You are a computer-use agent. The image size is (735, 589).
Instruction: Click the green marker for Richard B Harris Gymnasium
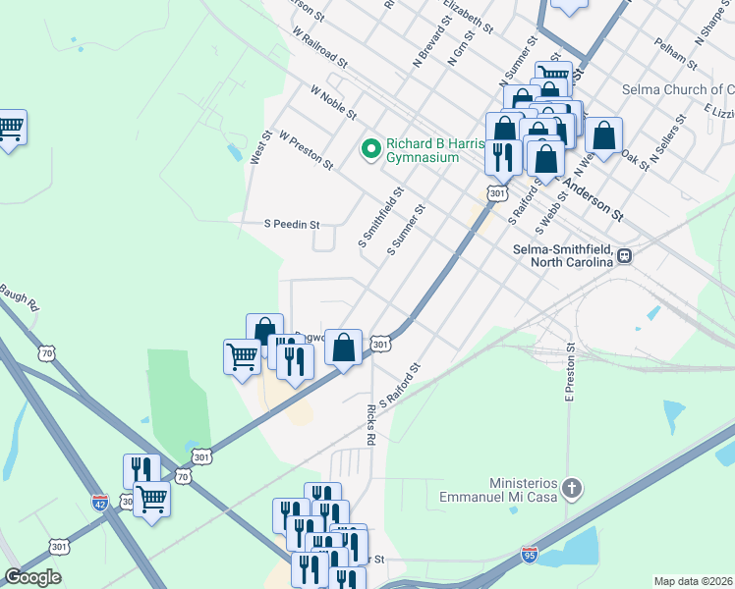coord(371,149)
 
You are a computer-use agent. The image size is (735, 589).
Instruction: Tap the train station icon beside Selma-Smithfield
coord(624,255)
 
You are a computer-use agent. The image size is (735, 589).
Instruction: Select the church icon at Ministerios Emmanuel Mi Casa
coord(576,488)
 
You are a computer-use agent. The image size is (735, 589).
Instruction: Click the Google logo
coord(32,577)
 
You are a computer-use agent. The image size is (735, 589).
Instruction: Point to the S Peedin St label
coord(292,224)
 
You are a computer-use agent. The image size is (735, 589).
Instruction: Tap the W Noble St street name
coord(333,102)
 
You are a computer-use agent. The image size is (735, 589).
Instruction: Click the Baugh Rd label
coord(20,293)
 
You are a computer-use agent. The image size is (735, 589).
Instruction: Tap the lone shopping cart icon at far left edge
coord(10,127)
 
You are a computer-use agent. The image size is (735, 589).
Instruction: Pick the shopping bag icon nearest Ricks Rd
coord(344,348)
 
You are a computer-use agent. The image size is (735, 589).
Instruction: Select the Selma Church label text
coord(677,89)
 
